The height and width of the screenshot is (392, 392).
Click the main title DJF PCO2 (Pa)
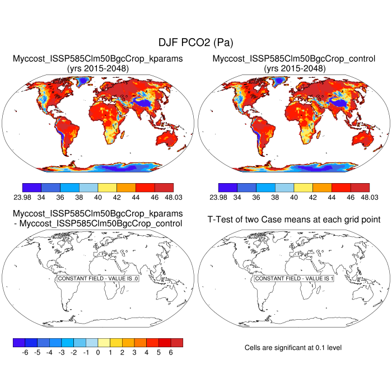195,43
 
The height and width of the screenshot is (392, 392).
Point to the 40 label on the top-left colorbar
98,197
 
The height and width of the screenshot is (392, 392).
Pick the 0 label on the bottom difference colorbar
98,353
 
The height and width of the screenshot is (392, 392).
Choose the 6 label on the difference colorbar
171,353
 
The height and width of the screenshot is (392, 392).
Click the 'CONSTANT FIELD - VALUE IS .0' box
98,278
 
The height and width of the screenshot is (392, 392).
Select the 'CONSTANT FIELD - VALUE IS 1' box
294,278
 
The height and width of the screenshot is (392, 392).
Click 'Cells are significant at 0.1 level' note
293,348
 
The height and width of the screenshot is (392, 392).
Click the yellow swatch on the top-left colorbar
108,187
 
